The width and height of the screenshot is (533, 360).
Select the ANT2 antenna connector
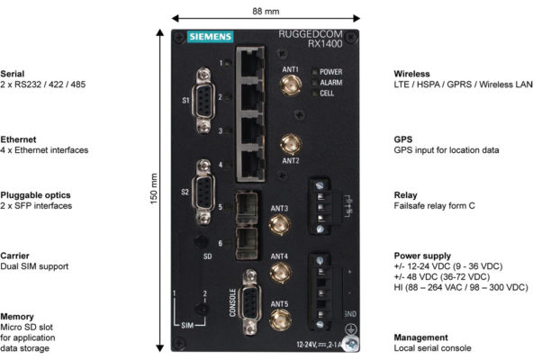click(291, 142)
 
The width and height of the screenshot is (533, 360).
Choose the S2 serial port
click(205, 191)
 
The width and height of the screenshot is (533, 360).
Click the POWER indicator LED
click(313, 71)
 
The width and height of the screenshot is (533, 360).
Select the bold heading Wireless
click(413, 73)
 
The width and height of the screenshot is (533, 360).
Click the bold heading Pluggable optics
click(35, 194)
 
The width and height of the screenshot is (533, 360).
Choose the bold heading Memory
click(18, 316)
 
